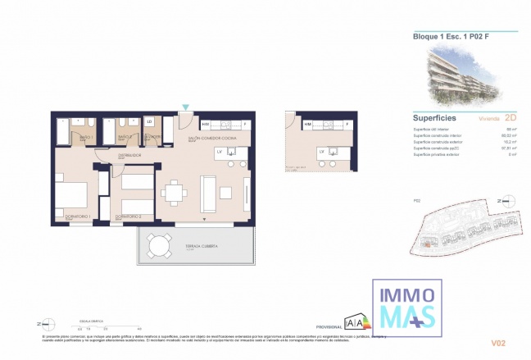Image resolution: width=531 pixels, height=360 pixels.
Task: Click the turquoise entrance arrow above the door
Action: click(186, 107)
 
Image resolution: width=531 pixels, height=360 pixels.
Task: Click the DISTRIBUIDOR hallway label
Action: click(130, 154)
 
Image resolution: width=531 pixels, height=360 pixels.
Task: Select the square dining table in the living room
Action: click(175, 193)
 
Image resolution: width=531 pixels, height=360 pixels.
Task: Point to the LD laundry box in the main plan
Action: click(150, 122)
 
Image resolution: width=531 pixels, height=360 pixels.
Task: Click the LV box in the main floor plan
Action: click(220, 152)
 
